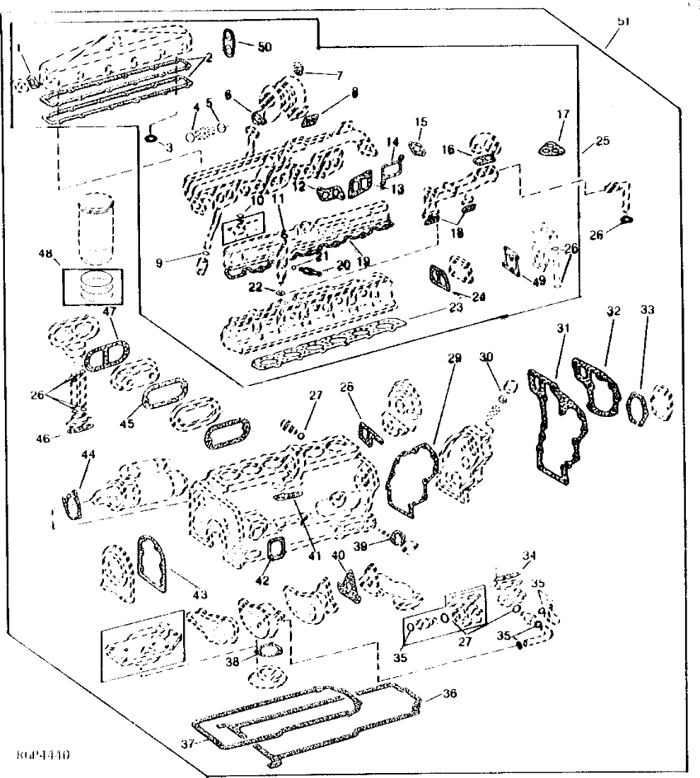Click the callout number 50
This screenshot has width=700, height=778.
click(x=264, y=47)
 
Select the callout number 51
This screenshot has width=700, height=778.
click(x=623, y=22)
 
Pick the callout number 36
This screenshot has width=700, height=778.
click(x=450, y=692)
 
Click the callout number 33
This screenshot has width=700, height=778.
click(x=647, y=310)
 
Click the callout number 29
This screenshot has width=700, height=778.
click(x=454, y=359)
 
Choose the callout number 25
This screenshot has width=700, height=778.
click(x=602, y=141)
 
